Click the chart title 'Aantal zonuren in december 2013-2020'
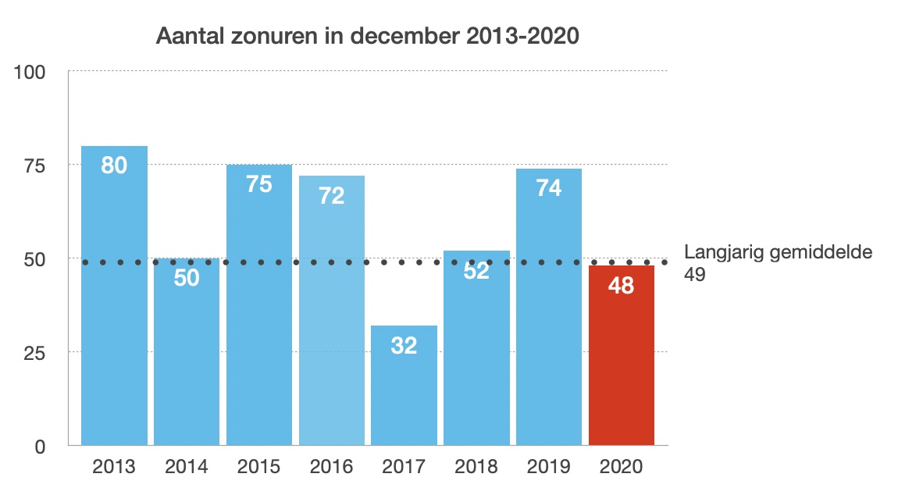click(x=368, y=37)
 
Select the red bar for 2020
click(x=621, y=359)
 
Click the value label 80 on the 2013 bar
click(x=114, y=166)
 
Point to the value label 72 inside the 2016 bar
click(x=331, y=195)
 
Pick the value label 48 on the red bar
click(x=621, y=285)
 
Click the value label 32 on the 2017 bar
click(x=404, y=345)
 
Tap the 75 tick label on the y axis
click(x=34, y=166)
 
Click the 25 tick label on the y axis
click(x=34, y=353)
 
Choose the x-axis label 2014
click(x=187, y=467)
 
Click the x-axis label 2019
click(x=549, y=467)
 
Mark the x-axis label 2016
click(x=331, y=467)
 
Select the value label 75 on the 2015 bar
click(x=259, y=184)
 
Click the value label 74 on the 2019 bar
click(x=549, y=187)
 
